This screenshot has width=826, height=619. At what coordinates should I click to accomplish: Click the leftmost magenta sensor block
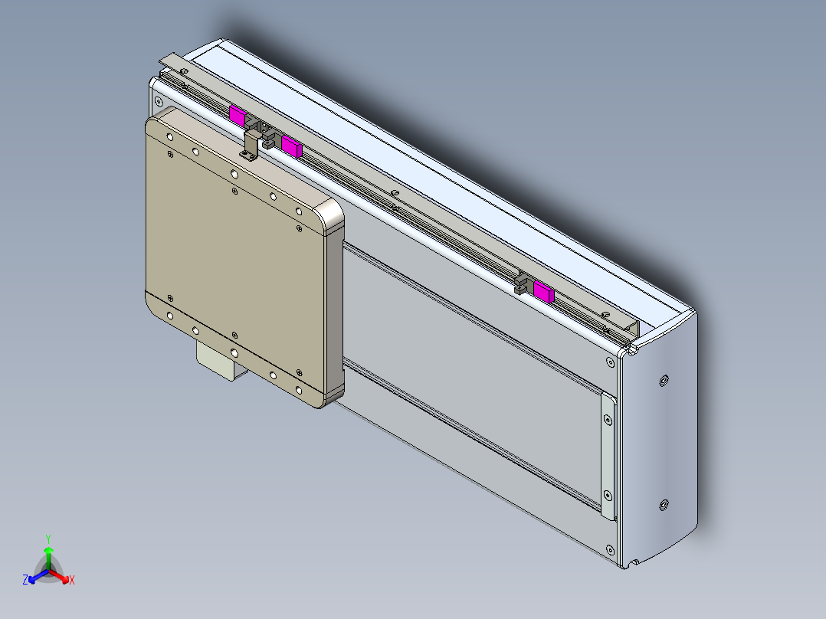237,116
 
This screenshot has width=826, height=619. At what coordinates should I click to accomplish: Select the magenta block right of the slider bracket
291,145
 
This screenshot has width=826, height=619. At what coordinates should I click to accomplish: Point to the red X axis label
72,581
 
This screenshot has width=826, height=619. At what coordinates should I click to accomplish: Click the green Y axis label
48,539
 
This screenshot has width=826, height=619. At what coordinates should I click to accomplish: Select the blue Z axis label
25,580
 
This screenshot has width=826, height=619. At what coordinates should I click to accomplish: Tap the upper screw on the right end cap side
663,380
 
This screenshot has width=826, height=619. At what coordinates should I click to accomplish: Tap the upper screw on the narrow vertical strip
608,420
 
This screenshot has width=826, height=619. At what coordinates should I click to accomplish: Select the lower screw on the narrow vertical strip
608,495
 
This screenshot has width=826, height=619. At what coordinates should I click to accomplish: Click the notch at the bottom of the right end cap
635,565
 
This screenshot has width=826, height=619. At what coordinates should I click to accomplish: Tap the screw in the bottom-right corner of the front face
609,549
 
